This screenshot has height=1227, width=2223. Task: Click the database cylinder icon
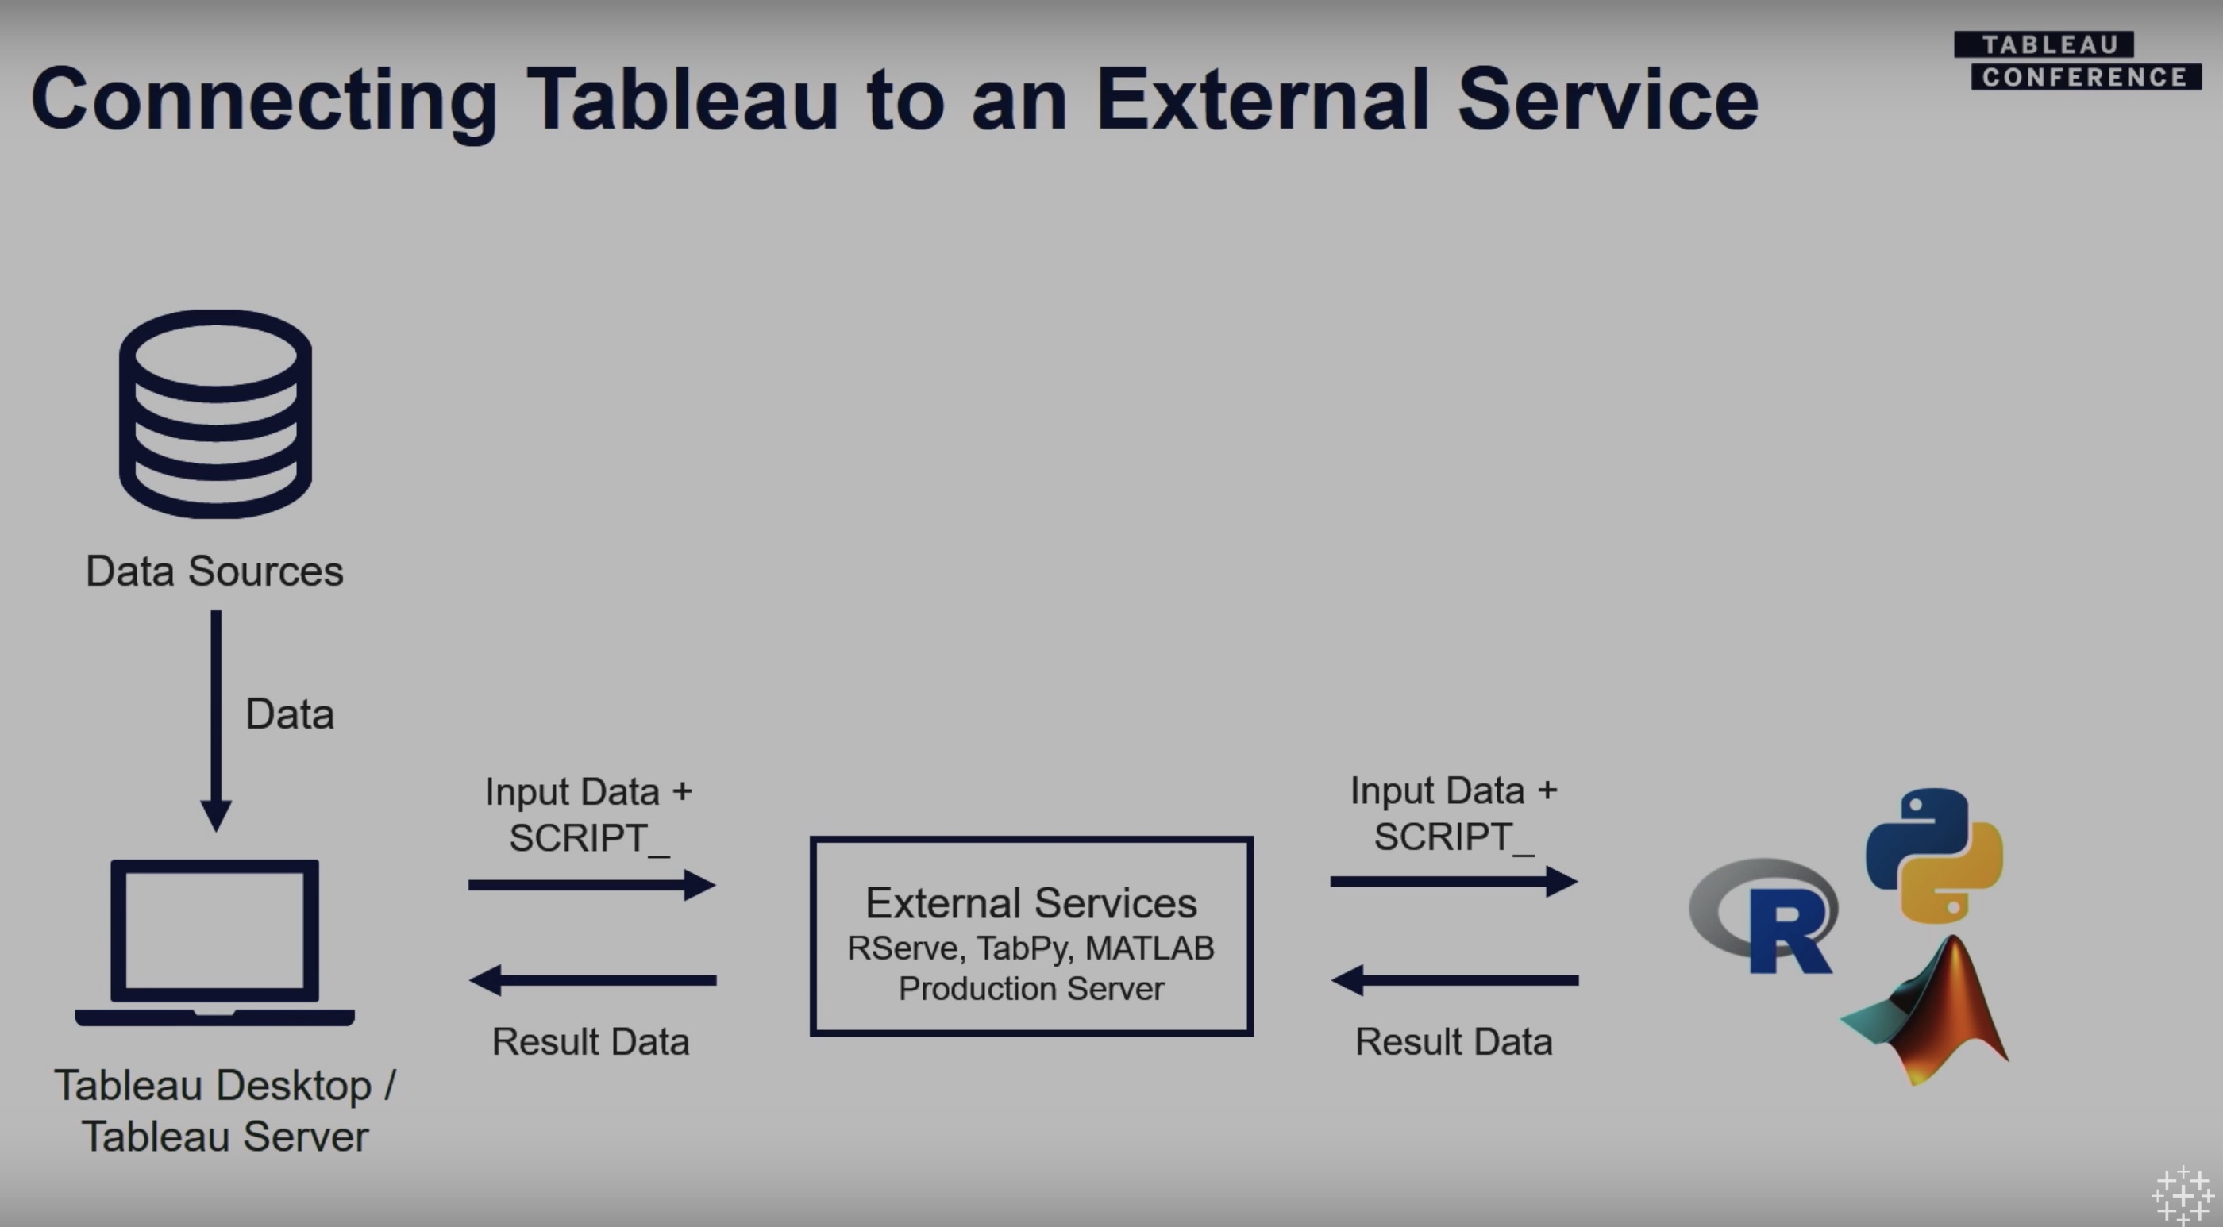click(215, 414)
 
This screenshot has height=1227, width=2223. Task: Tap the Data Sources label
click(214, 571)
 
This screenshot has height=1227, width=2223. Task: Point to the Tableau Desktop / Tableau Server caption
click(225, 1110)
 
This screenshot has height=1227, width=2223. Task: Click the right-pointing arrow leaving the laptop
click(592, 884)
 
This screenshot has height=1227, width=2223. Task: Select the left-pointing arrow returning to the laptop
click(592, 980)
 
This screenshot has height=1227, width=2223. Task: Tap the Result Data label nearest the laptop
click(590, 1041)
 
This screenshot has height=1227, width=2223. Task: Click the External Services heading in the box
click(1031, 903)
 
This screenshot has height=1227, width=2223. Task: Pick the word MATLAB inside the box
click(1150, 948)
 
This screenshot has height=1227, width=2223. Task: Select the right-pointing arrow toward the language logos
click(1454, 881)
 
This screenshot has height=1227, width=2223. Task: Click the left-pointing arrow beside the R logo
click(1454, 980)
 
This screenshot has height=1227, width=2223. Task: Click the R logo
click(1765, 917)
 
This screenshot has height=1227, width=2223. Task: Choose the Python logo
click(1934, 854)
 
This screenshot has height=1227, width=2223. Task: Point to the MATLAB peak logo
click(1933, 1014)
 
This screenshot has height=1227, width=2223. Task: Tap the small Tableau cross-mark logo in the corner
click(2183, 1196)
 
